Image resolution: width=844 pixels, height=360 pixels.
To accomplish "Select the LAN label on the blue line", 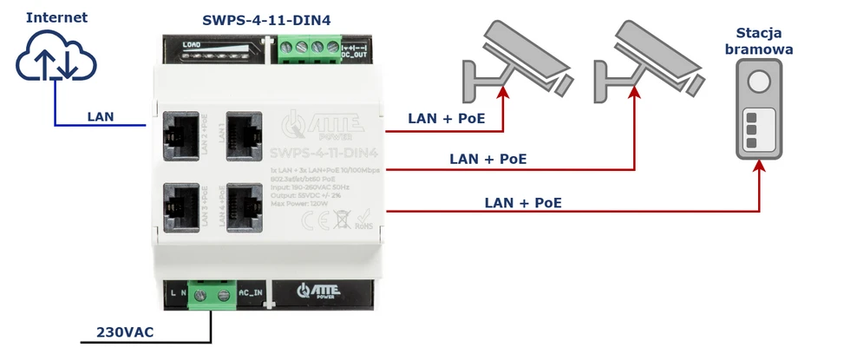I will tap(101, 115).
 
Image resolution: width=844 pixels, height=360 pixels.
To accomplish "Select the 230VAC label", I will tap(125, 331).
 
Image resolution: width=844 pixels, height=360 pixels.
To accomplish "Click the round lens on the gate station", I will tap(760, 83).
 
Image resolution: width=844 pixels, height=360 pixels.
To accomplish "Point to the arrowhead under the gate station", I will tap(760, 170).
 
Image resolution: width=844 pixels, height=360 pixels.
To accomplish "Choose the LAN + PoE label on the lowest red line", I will tap(522, 202).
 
